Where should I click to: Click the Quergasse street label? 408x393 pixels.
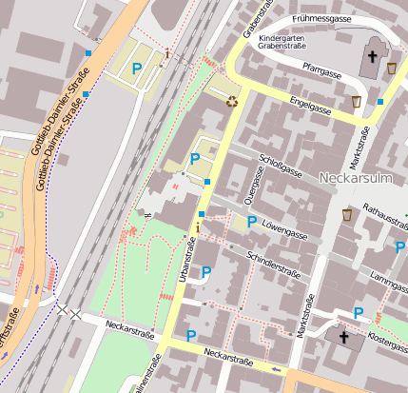click(255, 185)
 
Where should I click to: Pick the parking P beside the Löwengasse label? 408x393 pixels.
click(251, 222)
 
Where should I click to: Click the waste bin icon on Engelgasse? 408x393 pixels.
click(357, 102)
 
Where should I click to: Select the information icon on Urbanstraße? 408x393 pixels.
click(197, 227)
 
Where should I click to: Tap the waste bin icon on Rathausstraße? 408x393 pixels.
click(347, 214)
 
